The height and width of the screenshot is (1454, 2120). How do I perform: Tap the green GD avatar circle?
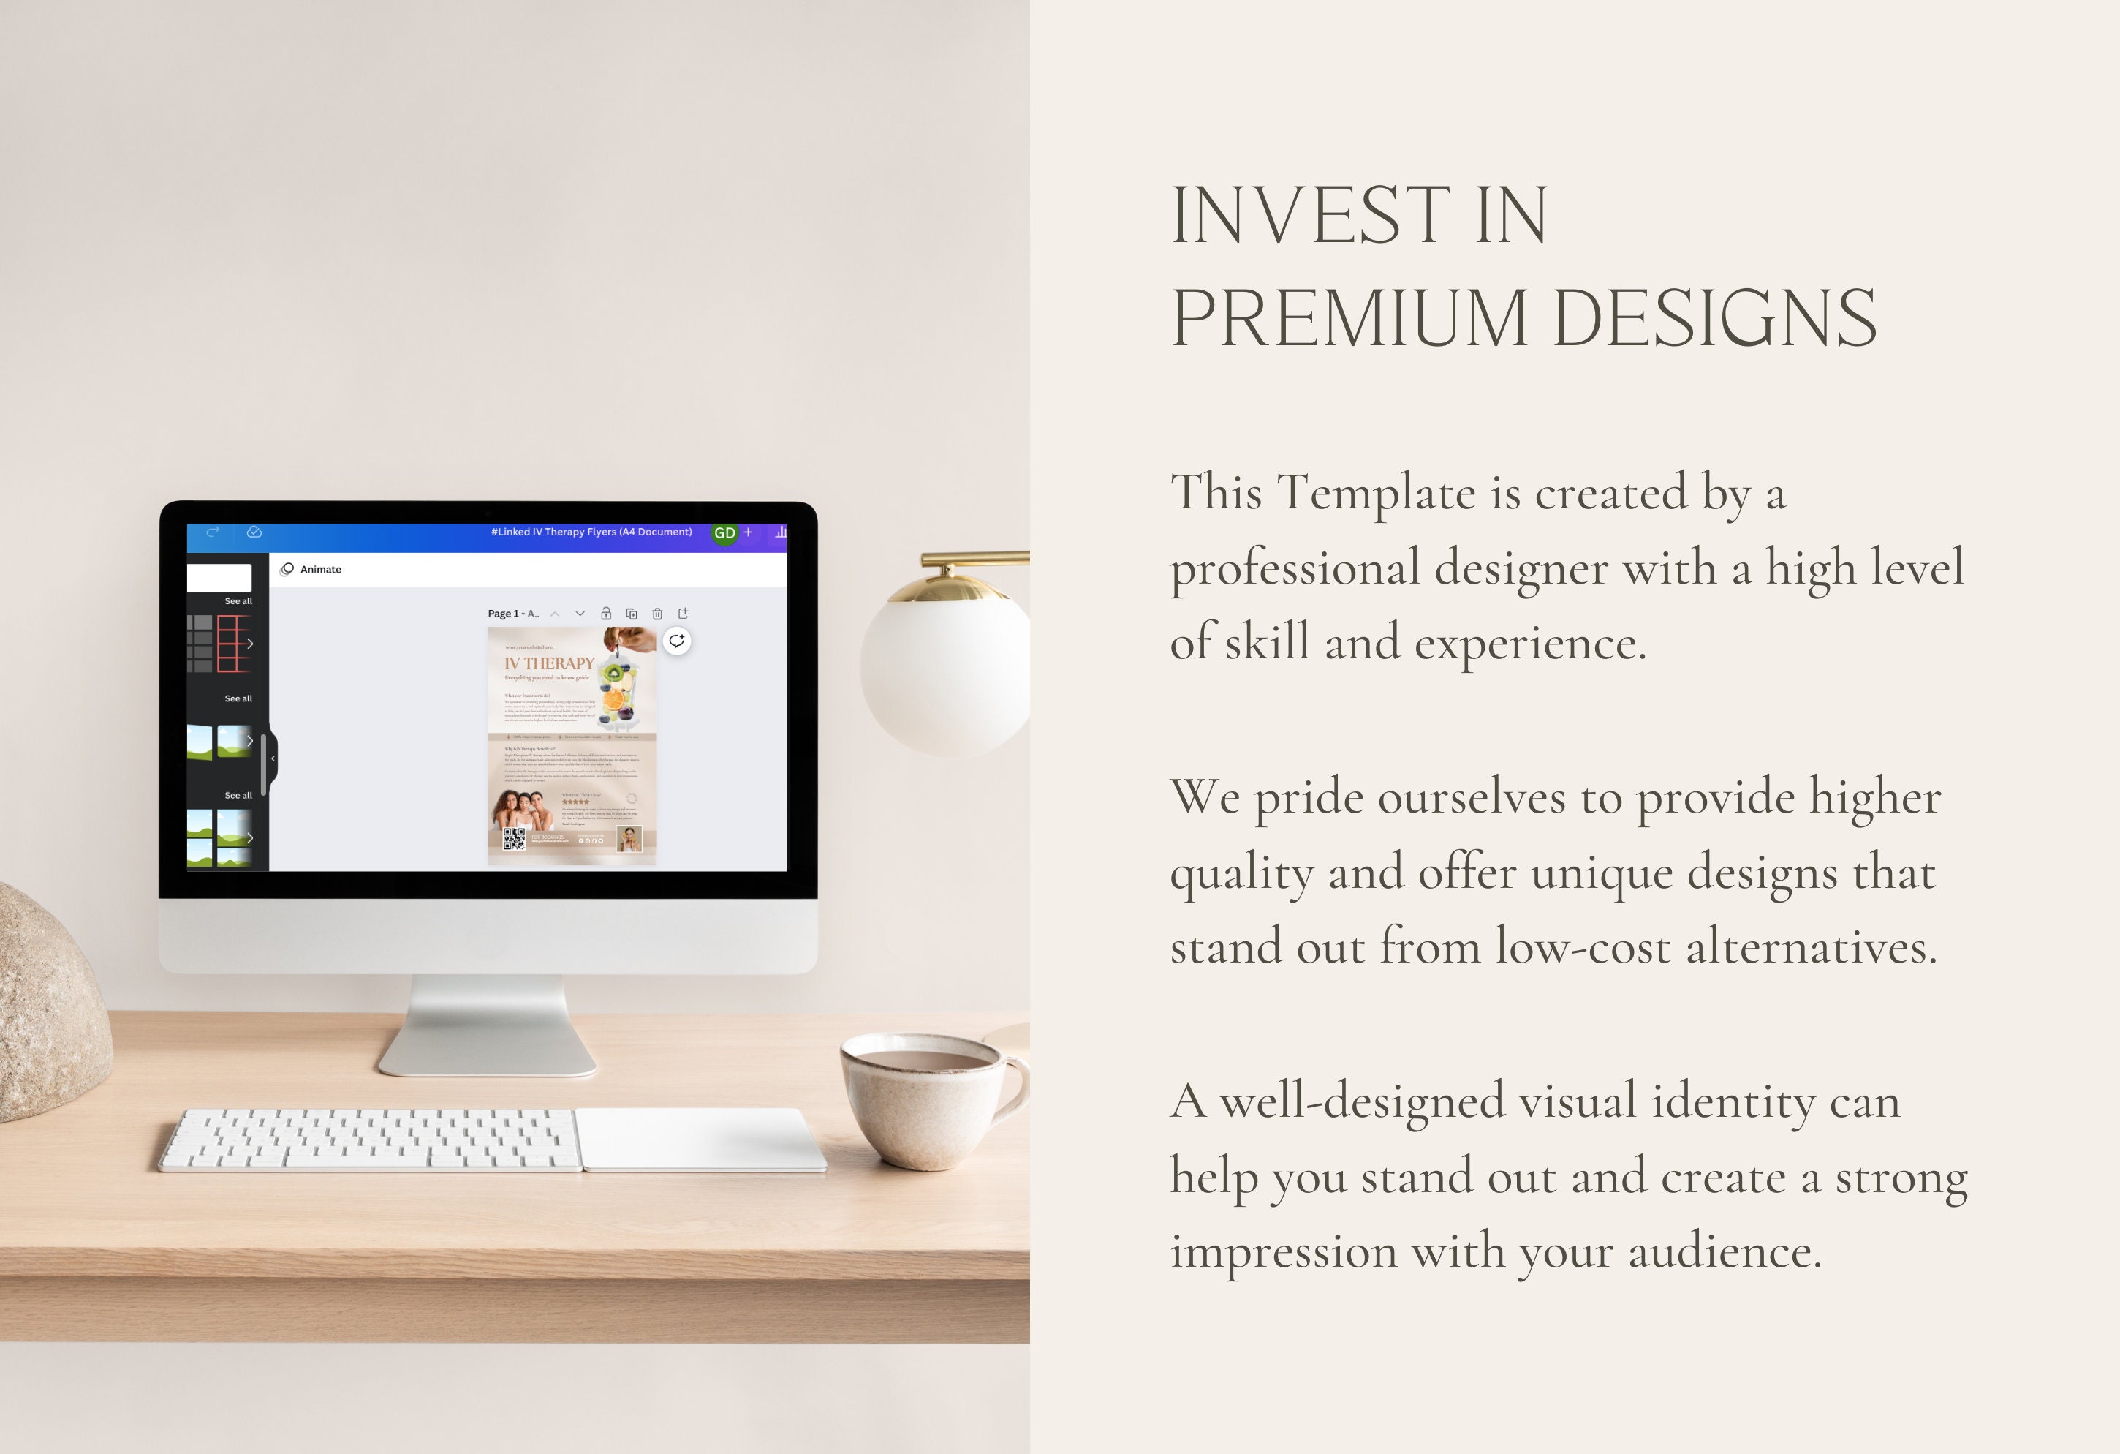tap(724, 533)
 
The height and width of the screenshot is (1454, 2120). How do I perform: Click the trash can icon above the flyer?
tap(656, 614)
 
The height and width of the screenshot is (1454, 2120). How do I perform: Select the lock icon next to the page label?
tap(606, 614)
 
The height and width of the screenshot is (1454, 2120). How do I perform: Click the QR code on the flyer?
tap(514, 839)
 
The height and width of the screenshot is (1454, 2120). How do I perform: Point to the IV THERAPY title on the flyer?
tap(549, 663)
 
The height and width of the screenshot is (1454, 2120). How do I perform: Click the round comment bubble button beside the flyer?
tap(676, 641)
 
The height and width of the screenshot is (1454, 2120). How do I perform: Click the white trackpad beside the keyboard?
tap(700, 1138)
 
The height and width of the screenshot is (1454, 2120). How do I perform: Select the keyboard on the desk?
tap(369, 1139)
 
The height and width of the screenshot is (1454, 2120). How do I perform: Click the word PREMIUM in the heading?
tap(1348, 319)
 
